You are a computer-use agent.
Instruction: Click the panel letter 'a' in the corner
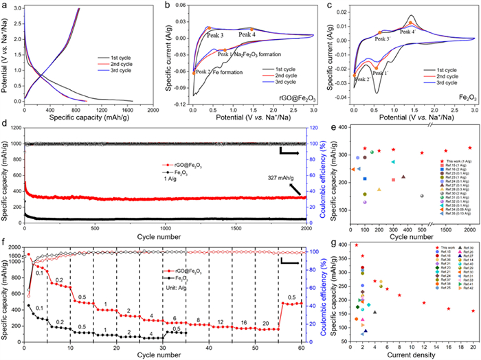5,5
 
